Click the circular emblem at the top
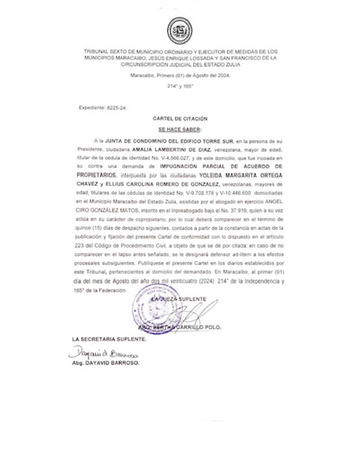coord(180,30)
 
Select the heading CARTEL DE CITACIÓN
coord(180,119)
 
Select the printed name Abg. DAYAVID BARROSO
coord(105,364)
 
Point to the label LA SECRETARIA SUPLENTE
coord(109,340)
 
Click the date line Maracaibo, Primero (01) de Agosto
coord(180,76)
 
